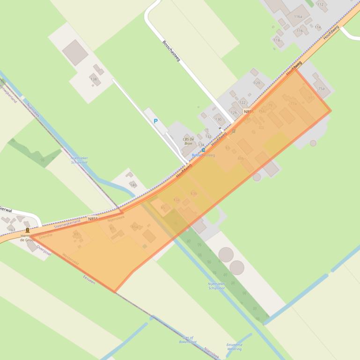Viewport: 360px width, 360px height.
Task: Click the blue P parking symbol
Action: pyautogui.click(x=156, y=121)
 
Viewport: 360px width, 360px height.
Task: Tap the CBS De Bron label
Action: pyautogui.click(x=188, y=141)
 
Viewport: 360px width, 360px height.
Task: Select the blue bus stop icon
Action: pyautogui.click(x=203, y=150)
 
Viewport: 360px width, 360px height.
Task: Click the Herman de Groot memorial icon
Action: pyautogui.click(x=28, y=230)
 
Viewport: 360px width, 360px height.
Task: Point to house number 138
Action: pyautogui.click(x=94, y=79)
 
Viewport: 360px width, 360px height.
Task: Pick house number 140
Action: pyautogui.click(x=133, y=185)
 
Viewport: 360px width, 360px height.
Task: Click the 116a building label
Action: pyautogui.click(x=298, y=16)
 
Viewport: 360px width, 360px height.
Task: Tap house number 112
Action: pyautogui.click(x=320, y=5)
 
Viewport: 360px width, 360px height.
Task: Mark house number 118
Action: pyautogui.click(x=277, y=40)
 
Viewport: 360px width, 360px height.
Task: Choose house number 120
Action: pyautogui.click(x=257, y=83)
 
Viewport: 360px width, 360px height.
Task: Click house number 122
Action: pyautogui.click(x=242, y=102)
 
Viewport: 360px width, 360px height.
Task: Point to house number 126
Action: pyautogui.click(x=234, y=113)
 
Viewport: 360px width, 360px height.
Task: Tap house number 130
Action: pyautogui.click(x=218, y=119)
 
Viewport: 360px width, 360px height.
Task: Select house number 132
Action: pyautogui.click(x=208, y=137)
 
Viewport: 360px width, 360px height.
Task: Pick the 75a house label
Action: pyautogui.click(x=321, y=88)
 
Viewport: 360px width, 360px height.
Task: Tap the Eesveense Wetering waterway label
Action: pyautogui.click(x=234, y=346)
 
